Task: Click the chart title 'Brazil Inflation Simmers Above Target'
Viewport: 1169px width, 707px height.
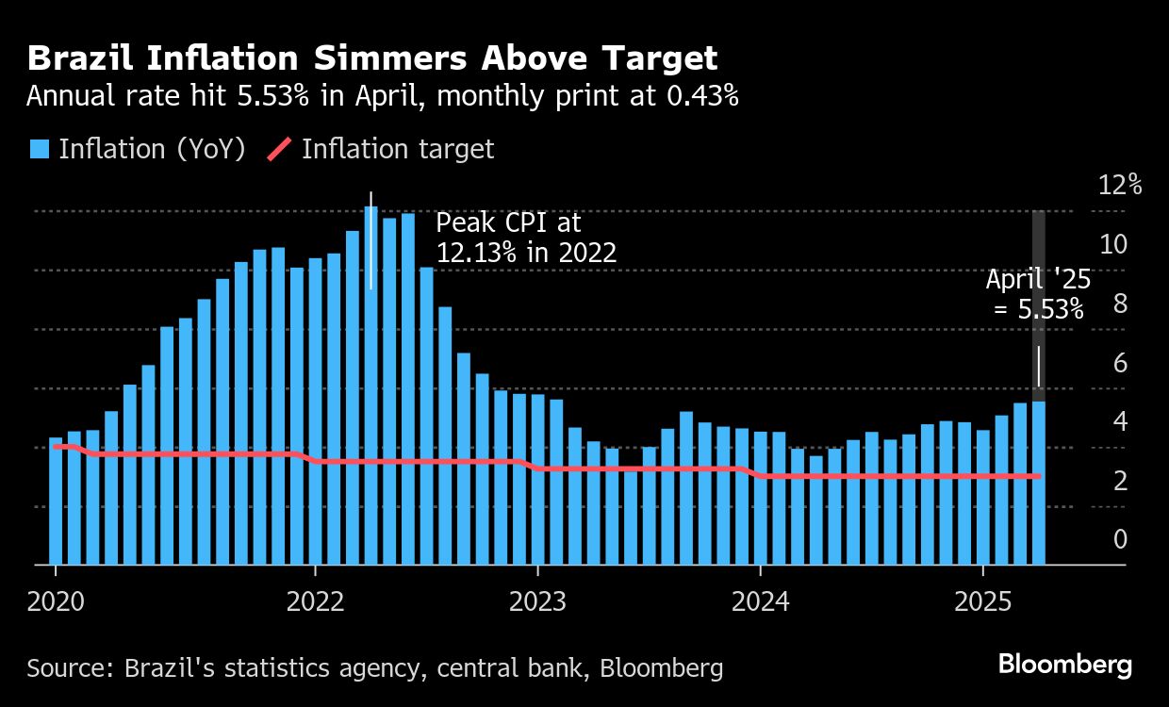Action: click(372, 58)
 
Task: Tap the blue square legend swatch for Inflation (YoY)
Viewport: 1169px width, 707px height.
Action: click(39, 149)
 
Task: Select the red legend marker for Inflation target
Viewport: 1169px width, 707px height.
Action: click(279, 149)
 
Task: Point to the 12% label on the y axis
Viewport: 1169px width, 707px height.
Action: click(1120, 185)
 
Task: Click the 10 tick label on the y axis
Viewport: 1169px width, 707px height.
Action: click(1113, 244)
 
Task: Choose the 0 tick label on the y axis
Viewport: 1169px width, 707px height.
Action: click(1120, 539)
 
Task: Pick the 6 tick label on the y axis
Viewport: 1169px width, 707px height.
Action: click(1120, 363)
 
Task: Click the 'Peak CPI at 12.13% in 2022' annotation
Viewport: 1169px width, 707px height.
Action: click(526, 238)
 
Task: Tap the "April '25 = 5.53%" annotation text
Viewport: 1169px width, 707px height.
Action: click(1034, 293)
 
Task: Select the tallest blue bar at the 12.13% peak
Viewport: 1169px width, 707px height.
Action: click(370, 386)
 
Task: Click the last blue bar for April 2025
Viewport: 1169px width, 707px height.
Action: click(1038, 483)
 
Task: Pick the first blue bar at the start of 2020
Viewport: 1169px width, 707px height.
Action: click(56, 501)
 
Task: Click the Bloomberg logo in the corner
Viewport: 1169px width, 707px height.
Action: click(1064, 665)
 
